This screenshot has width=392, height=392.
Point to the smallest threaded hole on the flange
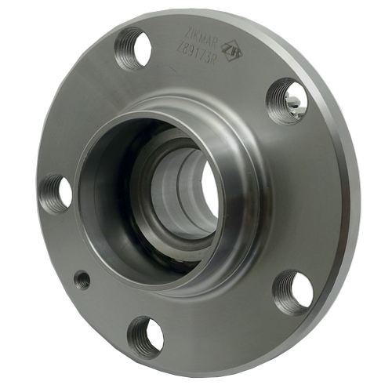tap(82, 279)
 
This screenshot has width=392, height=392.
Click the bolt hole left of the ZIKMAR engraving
tap(133, 49)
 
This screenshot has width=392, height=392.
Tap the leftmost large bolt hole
tap(56, 191)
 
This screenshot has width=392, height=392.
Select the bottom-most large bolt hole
tap(146, 336)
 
